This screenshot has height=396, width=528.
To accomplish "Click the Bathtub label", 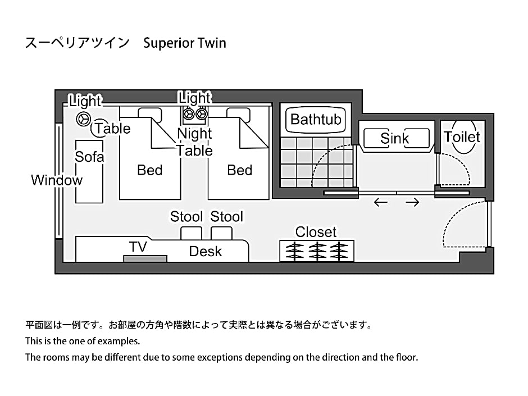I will [x=316, y=119].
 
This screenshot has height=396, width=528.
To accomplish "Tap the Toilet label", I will [x=462, y=137].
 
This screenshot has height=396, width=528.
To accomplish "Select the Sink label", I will [x=395, y=138].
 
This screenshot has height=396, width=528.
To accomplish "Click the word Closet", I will [x=316, y=232].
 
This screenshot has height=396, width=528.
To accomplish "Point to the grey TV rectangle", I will [x=145, y=258].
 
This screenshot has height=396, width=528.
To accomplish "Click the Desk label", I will [x=205, y=252].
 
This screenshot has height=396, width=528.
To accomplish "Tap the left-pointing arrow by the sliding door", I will [x=381, y=202].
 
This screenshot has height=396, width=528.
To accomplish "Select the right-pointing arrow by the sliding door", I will [x=413, y=202].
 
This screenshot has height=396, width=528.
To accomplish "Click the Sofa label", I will [x=89, y=157].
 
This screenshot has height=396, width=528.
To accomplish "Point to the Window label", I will [x=56, y=180].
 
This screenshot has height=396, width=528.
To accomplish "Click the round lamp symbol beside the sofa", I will [x=83, y=119].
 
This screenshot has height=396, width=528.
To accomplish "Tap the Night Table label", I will [x=194, y=142].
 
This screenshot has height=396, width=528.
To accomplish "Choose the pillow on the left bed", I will [x=150, y=111].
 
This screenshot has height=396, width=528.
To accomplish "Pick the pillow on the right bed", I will [x=239, y=111].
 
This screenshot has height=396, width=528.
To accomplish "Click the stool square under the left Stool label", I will [x=191, y=233].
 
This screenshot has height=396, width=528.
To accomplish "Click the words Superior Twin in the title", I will [x=184, y=43].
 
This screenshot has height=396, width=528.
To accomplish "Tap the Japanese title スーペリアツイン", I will [x=77, y=43].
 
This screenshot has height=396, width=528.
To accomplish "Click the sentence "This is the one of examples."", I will [x=82, y=341].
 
